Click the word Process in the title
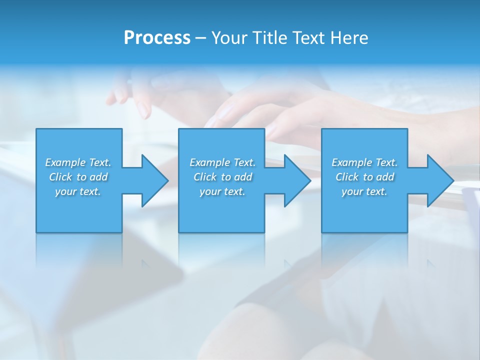pos(157,38)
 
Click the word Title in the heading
pos(269,38)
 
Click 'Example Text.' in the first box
pos(78,162)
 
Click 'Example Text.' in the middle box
pos(222,162)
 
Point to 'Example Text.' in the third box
pos(364,162)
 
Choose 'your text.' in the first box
pos(78,191)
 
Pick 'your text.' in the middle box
pos(222,191)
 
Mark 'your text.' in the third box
pos(364,191)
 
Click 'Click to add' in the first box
pos(78,177)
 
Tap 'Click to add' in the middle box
pos(222,177)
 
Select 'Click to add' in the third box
pos(364,177)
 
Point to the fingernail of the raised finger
pos(144,109)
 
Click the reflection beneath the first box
pos(79,250)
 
